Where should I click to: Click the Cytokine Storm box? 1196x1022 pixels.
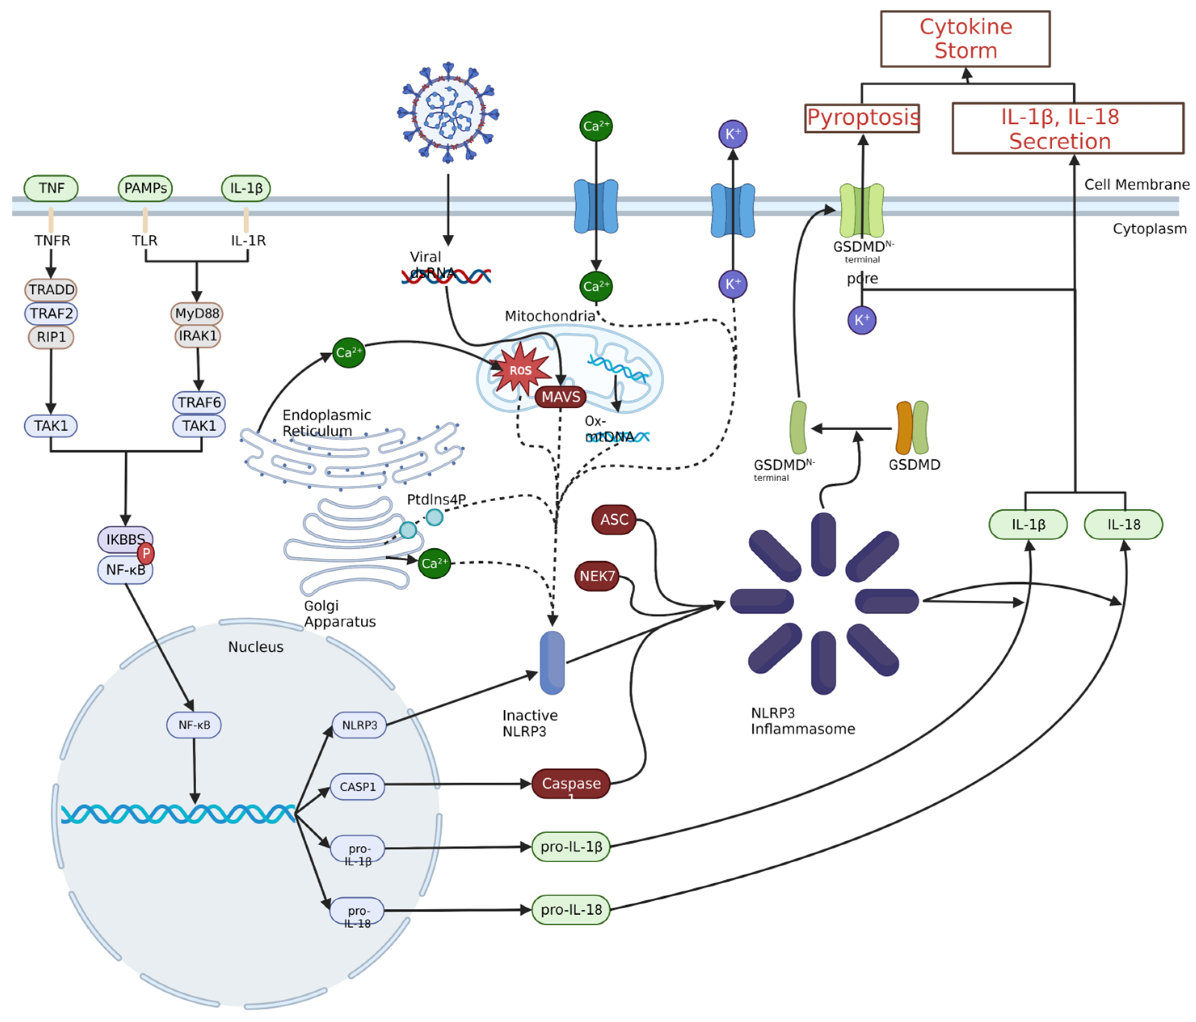(x=965, y=39)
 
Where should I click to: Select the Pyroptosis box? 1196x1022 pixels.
(x=862, y=118)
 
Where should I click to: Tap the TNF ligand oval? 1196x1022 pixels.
(x=51, y=188)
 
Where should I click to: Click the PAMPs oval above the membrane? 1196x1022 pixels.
(x=145, y=188)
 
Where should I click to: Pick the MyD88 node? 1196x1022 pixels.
(x=197, y=314)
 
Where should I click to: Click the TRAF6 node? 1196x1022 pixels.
(x=199, y=402)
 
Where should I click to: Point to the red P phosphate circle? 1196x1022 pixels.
(x=146, y=554)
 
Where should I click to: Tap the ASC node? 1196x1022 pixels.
(x=614, y=519)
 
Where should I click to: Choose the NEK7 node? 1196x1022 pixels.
(x=597, y=576)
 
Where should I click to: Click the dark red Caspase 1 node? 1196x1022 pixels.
(x=571, y=783)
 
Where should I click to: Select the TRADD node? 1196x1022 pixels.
(x=51, y=290)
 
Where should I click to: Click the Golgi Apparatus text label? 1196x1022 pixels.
(x=339, y=614)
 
